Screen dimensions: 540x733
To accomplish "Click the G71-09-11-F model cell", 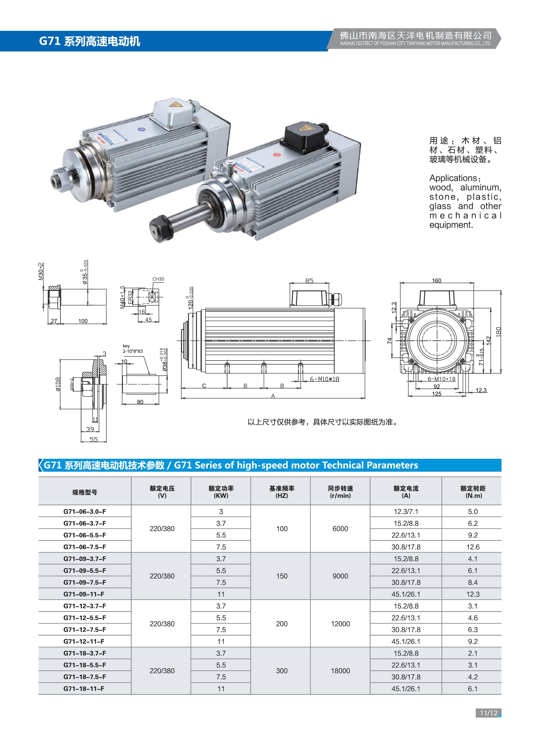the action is [x=84, y=594].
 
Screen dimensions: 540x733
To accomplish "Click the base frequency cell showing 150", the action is [x=282, y=576].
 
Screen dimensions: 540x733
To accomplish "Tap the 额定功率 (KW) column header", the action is [x=221, y=492].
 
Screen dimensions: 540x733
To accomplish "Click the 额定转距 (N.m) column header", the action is [x=473, y=492].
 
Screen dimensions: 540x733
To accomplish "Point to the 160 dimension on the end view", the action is [x=436, y=280].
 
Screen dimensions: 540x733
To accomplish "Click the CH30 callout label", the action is [x=158, y=279].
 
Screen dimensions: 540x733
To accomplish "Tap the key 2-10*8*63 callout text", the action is [x=133, y=348].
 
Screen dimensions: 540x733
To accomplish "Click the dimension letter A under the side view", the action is [x=273, y=396].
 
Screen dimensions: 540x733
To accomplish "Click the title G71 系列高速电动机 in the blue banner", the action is [x=89, y=41].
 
